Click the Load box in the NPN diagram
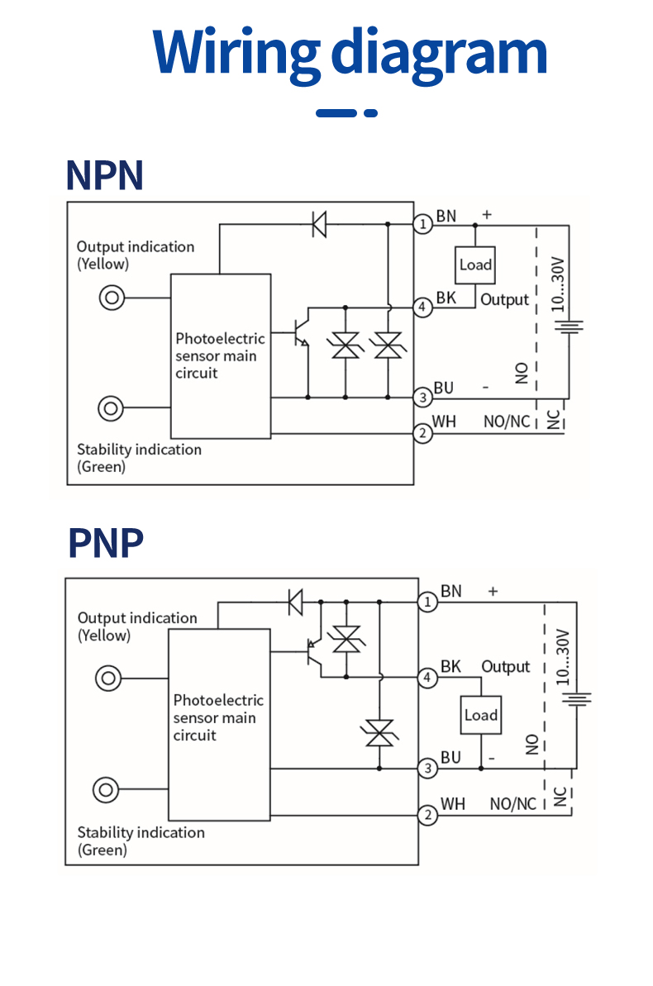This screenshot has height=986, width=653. tap(475, 264)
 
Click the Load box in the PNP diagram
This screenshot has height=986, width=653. tap(481, 715)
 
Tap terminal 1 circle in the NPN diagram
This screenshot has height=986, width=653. tap(422, 224)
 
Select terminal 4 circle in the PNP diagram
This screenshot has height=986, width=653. tap(428, 678)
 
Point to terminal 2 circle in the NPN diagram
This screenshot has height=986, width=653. tap(422, 433)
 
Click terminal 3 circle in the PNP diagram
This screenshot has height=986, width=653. tap(428, 769)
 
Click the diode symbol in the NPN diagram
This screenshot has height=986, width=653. tap(320, 224)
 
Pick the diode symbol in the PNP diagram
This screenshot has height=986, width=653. tap(295, 602)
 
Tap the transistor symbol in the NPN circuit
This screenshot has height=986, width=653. tap(302, 333)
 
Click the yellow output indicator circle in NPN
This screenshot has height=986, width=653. tap(112, 298)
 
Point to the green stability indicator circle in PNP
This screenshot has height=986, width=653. tap(106, 790)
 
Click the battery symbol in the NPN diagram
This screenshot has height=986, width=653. tap(569, 326)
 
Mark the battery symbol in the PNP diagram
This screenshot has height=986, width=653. tap(576, 699)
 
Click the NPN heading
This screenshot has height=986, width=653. tap(105, 175)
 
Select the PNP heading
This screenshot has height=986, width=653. tap(106, 543)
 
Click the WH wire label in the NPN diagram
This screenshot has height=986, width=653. tap(444, 422)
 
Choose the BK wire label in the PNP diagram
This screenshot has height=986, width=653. tap(450, 666)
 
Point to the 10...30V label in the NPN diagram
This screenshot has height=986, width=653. tap(558, 284)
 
